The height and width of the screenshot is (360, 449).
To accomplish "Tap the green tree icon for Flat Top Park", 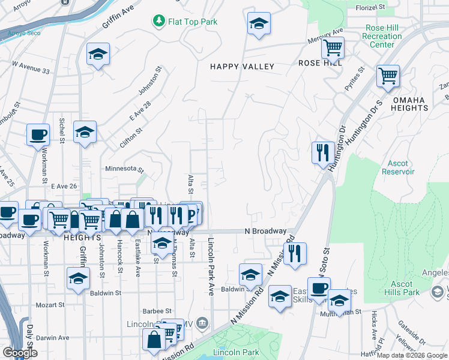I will [158, 22].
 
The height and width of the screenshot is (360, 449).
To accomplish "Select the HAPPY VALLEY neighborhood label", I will [242, 67].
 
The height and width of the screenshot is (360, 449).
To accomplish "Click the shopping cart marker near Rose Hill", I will [332, 47].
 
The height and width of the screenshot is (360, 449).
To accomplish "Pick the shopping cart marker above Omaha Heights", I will [388, 76].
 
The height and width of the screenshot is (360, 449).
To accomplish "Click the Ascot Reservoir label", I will [398, 167].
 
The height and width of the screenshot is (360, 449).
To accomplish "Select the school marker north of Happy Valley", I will [259, 23].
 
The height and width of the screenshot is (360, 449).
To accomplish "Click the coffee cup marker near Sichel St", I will [38, 134].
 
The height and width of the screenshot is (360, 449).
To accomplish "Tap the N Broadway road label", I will [265, 231].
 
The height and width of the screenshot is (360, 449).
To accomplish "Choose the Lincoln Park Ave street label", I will [211, 266].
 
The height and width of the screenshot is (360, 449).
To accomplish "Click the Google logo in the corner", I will [20, 353].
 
